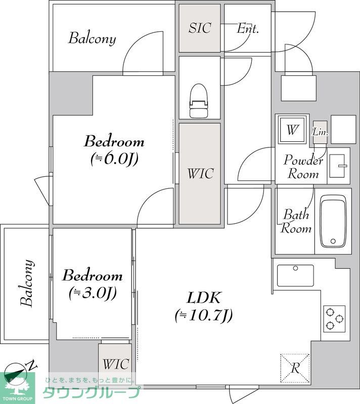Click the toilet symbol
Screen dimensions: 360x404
pos(199,100)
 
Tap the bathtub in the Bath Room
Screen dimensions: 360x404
pos(333,221)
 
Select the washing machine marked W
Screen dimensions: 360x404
pos(292,130)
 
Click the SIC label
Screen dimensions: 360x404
pos(200,28)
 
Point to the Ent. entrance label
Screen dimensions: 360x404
pos(248,28)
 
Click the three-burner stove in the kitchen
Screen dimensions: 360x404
pos(334,319)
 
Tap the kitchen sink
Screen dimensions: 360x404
pos(295,276)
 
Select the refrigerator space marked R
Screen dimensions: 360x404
pos(295,368)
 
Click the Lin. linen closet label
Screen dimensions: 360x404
pos(320,132)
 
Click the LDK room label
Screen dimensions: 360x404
pos(203,298)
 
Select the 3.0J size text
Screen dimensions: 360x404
pos(93,292)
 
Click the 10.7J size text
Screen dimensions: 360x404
pos(204,315)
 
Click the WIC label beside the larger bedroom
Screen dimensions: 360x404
pos(200,173)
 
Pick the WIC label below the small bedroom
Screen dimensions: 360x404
pos(116,364)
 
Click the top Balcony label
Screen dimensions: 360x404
pos(92,38)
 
